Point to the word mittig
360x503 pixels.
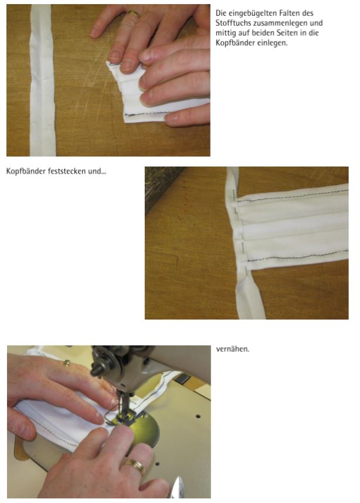pyautogui.click(x=225, y=33)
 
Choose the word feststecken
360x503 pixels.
pyautogui.click(x=67, y=171)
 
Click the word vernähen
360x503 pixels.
pyautogui.click(x=233, y=349)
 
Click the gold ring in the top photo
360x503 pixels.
pyautogui.click(x=134, y=14)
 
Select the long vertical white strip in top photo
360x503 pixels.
pyautogui.click(x=43, y=80)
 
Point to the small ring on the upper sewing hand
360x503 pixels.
pyautogui.click(x=67, y=362)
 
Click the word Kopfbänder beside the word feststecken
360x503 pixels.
pyautogui.click(x=26, y=171)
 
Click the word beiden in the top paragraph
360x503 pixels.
pyautogui.click(x=264, y=33)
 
